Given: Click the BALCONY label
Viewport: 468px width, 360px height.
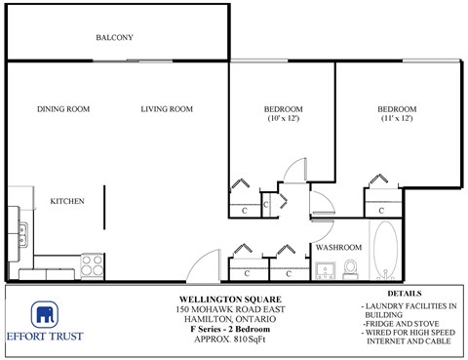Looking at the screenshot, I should (x=114, y=38).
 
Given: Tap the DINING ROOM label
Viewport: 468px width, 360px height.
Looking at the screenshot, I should (x=63, y=109).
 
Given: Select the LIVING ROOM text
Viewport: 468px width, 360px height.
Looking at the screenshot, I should (x=166, y=109).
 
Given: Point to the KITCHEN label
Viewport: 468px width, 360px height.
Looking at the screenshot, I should (x=67, y=201).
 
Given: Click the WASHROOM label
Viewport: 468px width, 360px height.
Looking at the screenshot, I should (x=338, y=248).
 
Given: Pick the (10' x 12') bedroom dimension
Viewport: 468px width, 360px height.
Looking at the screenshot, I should (x=283, y=119).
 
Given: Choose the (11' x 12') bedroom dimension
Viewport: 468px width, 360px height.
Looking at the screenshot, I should (x=397, y=119).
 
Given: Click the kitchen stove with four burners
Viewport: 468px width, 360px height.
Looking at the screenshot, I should (x=93, y=263).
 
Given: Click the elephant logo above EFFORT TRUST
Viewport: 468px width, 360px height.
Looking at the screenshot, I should (x=43, y=314).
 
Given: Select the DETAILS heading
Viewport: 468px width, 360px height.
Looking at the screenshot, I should (x=404, y=294).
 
